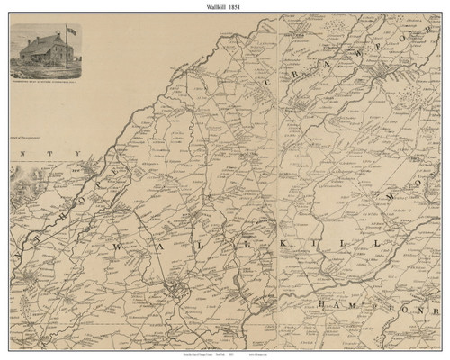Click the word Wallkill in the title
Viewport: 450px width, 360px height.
point(213,6)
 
